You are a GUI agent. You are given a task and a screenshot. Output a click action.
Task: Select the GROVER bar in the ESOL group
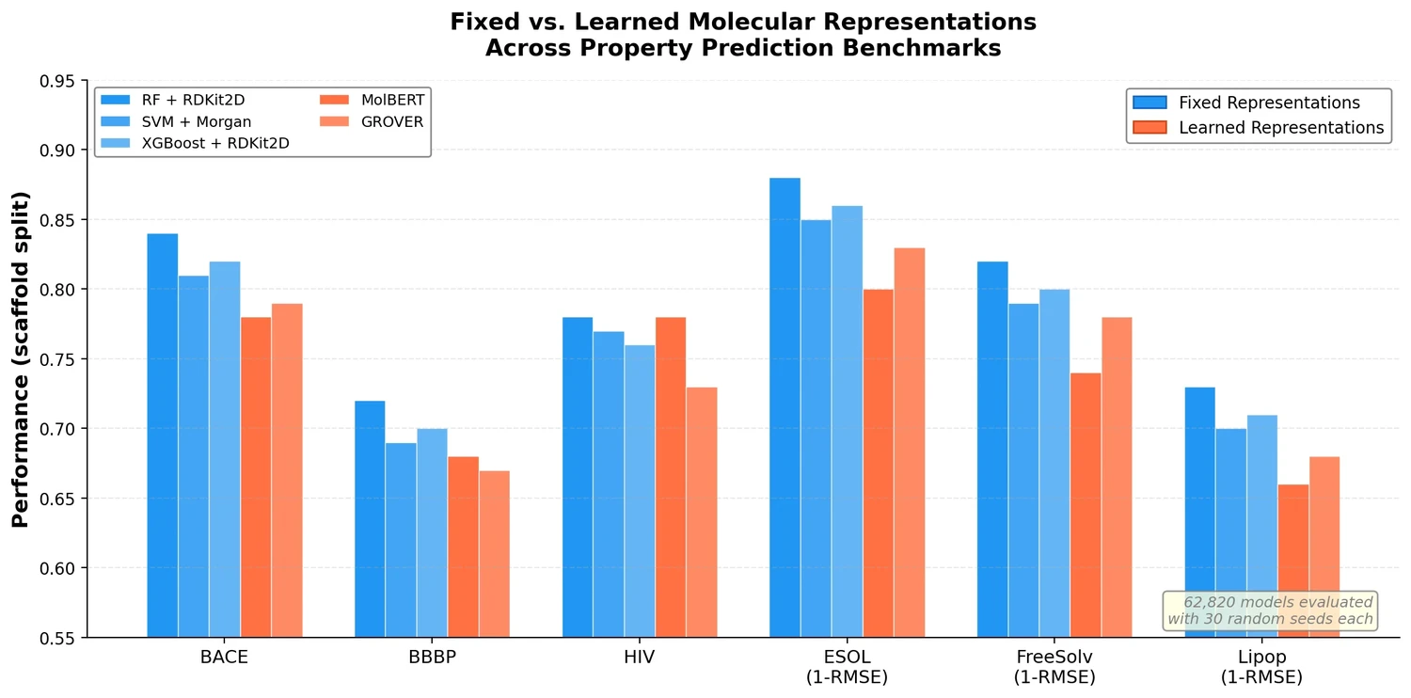pyautogui.click(x=910, y=442)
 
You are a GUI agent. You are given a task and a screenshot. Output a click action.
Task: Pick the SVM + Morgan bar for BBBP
pyautogui.click(x=401, y=540)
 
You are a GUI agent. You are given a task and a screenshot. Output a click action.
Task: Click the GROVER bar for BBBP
pyautogui.click(x=494, y=554)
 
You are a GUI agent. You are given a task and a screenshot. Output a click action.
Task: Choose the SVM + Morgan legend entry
pyautogui.click(x=202, y=122)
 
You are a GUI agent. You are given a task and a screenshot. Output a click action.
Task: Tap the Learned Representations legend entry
pyautogui.click(x=1280, y=128)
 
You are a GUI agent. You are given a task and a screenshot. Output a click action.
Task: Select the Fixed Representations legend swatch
pyautogui.click(x=1149, y=103)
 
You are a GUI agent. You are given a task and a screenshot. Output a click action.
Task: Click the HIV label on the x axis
pyautogui.click(x=639, y=658)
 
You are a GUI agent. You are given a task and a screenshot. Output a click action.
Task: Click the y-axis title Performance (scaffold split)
pyautogui.click(x=21, y=359)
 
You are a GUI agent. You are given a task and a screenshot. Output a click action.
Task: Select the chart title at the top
pyautogui.click(x=742, y=35)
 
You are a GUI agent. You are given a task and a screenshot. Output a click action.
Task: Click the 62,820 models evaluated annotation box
pyautogui.click(x=1270, y=611)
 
